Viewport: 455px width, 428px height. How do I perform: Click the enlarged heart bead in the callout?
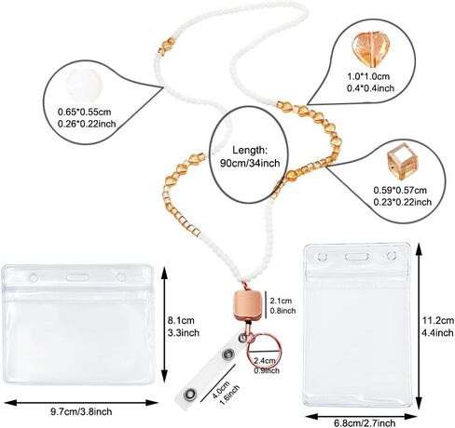pos(370,48)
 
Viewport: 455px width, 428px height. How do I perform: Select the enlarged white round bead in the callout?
pos(84,84)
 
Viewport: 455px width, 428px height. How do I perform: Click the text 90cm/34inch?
pos(250,163)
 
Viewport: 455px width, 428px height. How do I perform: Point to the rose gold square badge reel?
pos(248,304)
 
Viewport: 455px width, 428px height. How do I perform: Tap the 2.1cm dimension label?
pos(281,301)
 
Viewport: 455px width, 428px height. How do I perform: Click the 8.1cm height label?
pos(181,320)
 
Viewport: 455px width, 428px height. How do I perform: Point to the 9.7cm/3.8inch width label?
pos(81,411)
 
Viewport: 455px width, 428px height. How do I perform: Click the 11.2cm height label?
pos(438,320)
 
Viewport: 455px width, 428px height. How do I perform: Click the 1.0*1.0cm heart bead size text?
pos(368,76)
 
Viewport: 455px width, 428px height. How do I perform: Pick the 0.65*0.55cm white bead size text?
pos(84,112)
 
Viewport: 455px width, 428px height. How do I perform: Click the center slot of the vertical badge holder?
pos(357,257)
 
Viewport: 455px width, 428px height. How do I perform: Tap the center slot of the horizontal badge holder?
pos(76,277)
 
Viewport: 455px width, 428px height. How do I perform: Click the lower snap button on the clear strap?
pos(189,395)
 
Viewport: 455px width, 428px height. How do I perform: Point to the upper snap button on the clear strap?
pos(227,354)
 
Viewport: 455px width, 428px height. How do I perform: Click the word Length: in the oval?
pos(250,150)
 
